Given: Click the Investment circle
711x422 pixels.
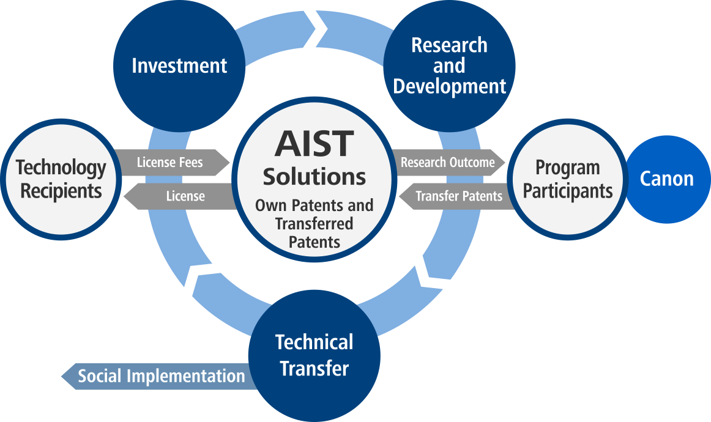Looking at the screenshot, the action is point(179,66).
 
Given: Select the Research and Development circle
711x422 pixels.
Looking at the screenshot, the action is point(449,66).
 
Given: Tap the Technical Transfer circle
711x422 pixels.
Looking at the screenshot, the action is point(315,356).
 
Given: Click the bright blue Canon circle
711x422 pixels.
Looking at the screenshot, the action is point(668,179).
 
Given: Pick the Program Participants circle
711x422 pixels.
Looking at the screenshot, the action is point(568,179).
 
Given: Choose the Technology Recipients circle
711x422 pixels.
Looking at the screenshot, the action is point(61,179).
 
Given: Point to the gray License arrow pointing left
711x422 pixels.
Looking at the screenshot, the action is point(180,196).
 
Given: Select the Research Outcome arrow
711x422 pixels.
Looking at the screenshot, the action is point(448,162).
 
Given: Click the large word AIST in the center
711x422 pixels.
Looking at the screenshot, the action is point(315,144).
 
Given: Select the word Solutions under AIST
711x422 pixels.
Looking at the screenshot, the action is point(315,177).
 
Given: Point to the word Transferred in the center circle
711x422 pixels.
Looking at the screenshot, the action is point(315,223).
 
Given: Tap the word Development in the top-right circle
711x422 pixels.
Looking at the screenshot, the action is point(449,87).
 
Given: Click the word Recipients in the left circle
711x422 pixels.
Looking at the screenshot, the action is point(61,191).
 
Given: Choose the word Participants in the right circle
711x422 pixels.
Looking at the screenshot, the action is point(568,191).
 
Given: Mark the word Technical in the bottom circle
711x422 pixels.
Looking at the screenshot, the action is point(315,342).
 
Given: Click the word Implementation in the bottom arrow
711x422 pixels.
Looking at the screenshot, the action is point(186,376).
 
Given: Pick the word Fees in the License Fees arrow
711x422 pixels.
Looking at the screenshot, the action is point(192,162).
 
